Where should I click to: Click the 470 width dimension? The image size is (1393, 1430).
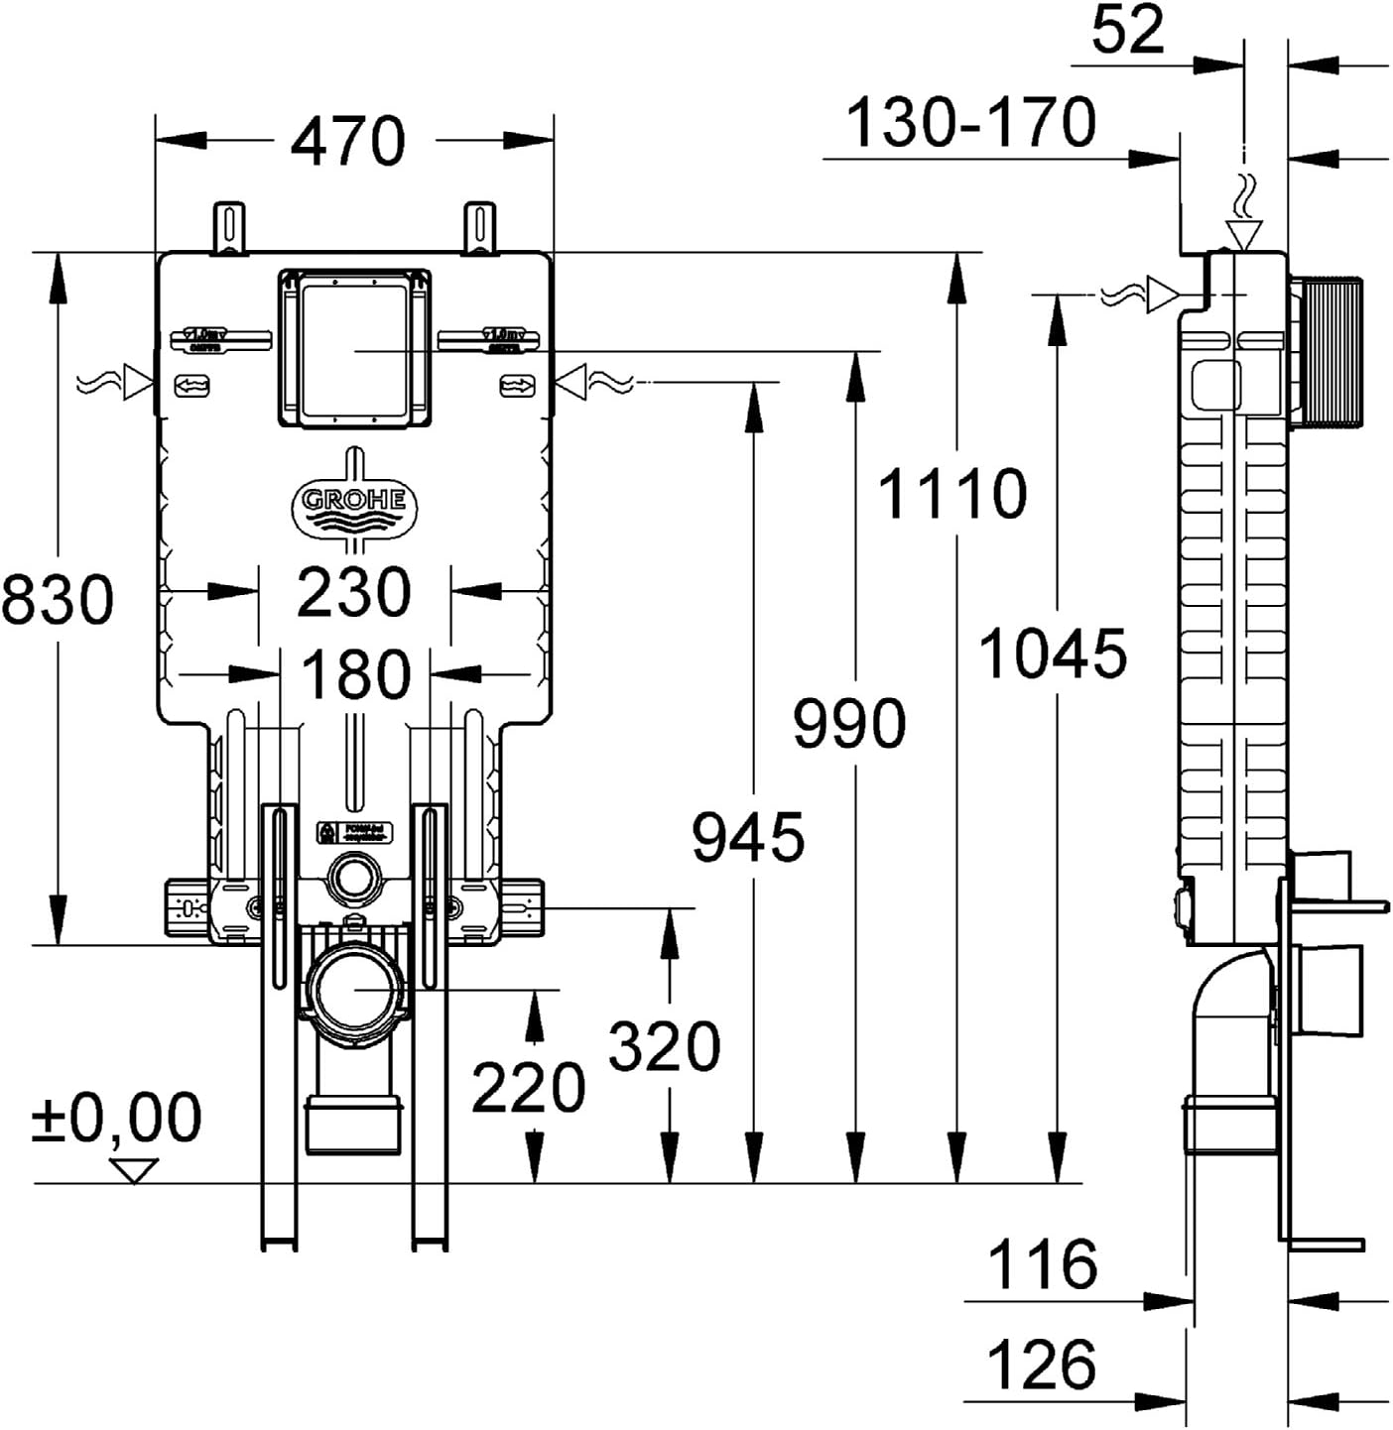click(x=347, y=141)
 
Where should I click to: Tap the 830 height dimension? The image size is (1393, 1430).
click(x=58, y=600)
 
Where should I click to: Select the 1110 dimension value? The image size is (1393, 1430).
click(x=952, y=494)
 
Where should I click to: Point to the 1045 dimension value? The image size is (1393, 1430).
click(x=1054, y=655)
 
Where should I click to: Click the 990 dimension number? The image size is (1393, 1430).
click(x=849, y=723)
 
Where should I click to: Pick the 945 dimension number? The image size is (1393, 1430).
click(x=748, y=838)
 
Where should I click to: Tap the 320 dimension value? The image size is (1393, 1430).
click(x=664, y=1047)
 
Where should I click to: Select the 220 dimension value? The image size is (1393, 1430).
click(x=528, y=1088)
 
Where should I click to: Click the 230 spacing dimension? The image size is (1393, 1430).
click(x=354, y=593)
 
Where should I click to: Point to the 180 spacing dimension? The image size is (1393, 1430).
click(x=355, y=675)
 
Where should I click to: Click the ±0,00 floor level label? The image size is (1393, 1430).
click(x=117, y=1118)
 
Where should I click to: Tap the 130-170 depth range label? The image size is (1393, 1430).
click(x=971, y=123)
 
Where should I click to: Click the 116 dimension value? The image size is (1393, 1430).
click(x=1043, y=1265)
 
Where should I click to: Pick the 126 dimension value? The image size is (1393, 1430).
click(x=1043, y=1366)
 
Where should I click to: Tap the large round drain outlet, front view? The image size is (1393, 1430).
click(x=353, y=990)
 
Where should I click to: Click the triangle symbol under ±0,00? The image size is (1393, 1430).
click(x=135, y=1170)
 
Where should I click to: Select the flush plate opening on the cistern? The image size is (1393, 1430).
click(x=354, y=349)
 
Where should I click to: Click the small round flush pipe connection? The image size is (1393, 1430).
click(x=353, y=879)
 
